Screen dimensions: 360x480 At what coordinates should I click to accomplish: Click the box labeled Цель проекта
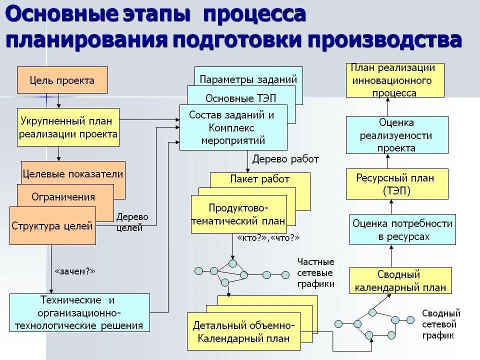coord(62,80)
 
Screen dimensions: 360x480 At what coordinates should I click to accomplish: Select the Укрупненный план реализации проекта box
coord(68,127)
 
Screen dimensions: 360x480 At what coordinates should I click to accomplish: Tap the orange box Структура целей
coord(52,226)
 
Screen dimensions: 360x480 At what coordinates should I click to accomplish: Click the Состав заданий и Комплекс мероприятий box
coord(233,127)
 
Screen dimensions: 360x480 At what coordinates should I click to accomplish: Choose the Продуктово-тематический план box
coord(239,214)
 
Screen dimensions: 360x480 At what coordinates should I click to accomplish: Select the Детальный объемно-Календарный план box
coord(244,331)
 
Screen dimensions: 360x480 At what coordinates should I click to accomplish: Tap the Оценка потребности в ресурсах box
coord(402,230)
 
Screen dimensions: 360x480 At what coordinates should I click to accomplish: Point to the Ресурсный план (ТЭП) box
coord(397,184)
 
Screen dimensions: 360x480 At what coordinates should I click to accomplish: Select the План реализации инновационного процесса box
coord(394,80)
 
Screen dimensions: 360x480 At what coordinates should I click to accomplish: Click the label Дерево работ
coord(285,159)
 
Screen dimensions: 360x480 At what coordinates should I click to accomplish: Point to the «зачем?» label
coord(74,271)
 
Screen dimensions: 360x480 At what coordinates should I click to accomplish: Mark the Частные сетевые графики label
coord(315,272)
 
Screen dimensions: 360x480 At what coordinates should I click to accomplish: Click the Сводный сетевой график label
coord(441,324)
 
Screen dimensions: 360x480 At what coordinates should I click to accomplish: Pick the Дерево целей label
coord(132,222)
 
